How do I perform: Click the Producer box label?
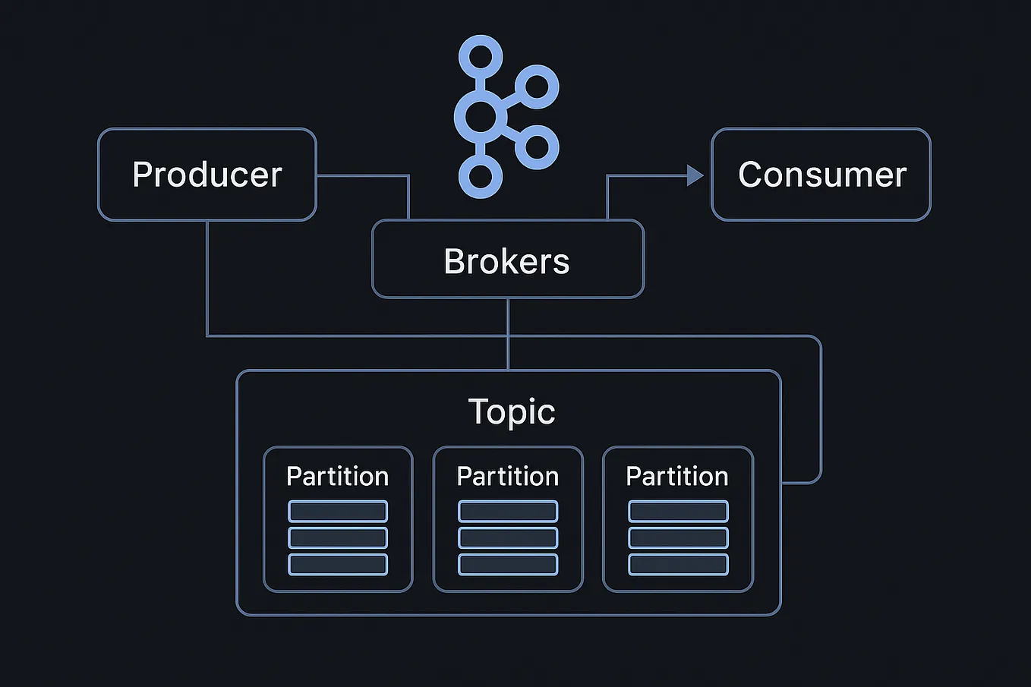[x=207, y=175]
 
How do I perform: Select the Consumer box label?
[x=821, y=175]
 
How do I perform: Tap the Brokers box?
[x=507, y=260]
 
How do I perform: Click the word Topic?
[x=511, y=411]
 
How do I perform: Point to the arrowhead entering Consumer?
[x=695, y=175]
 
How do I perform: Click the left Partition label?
[x=337, y=476]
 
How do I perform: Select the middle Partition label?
[x=507, y=476]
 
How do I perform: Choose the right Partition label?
[x=677, y=476]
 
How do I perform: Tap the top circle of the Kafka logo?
[x=480, y=56]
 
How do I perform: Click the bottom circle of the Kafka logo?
[x=480, y=176]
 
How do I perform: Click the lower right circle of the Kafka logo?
[x=537, y=147]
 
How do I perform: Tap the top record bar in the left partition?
[x=338, y=511]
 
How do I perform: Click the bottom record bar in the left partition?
[x=338, y=565]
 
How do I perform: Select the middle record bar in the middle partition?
[x=508, y=537]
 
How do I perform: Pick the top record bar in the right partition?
[x=678, y=511]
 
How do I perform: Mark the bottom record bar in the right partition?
[x=678, y=565]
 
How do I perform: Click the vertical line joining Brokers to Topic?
[x=508, y=334]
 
